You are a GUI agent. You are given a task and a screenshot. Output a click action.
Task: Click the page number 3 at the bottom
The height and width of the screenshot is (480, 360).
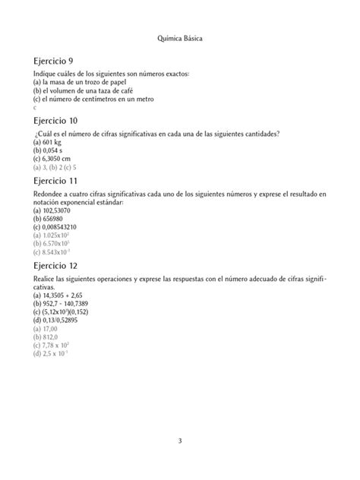point(180,440)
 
